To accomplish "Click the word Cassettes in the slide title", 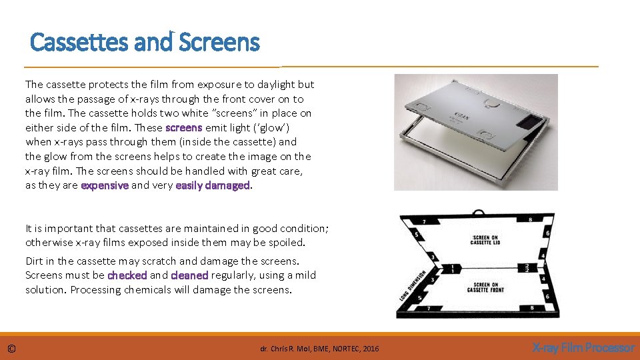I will point(80,43).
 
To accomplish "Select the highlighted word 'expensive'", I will point(105,185).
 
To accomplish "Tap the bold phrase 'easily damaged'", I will point(212,185).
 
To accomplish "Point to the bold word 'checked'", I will point(127,275).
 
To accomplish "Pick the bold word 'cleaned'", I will point(189,275).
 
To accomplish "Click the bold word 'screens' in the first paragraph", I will point(183,127).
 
